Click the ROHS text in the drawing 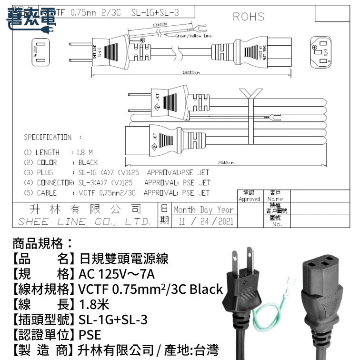pyautogui.click(x=248, y=17)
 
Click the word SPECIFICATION pyautogui.click(x=48, y=138)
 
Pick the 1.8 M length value pyautogui.click(x=84, y=153)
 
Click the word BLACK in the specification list pyautogui.click(x=88, y=162)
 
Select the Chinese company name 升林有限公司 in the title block pyautogui.click(x=85, y=209)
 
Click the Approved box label pyautogui.click(x=249, y=199)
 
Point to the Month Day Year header pyautogui.click(x=203, y=210)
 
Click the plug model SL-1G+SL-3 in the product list pyautogui.click(x=113, y=320)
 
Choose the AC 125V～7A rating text pyautogui.click(x=114, y=275)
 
